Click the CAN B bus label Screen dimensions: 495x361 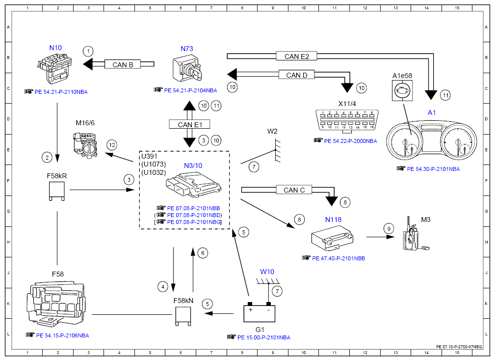pos(123,64)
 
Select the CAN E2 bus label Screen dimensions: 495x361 pos(296,56)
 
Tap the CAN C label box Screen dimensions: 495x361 pos(294,190)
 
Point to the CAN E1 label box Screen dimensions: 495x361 pos(189,124)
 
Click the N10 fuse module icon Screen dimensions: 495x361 pos(54,68)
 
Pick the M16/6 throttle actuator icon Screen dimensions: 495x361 pos(85,143)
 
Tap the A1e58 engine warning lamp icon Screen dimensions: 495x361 pos(402,90)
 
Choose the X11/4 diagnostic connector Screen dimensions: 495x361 pos(347,120)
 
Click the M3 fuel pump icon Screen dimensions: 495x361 pos(414,235)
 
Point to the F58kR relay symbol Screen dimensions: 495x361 pos(57,191)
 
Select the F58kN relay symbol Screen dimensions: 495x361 pos(183,315)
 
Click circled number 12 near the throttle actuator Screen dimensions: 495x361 pos(112,145)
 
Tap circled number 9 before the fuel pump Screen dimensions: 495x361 pos(389,228)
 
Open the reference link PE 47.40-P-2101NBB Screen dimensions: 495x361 pos(339,258)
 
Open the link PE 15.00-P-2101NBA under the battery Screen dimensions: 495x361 pos(263,337)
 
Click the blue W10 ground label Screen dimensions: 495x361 pos(267,272)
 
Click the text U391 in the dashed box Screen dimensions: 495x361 pos(149,156)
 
